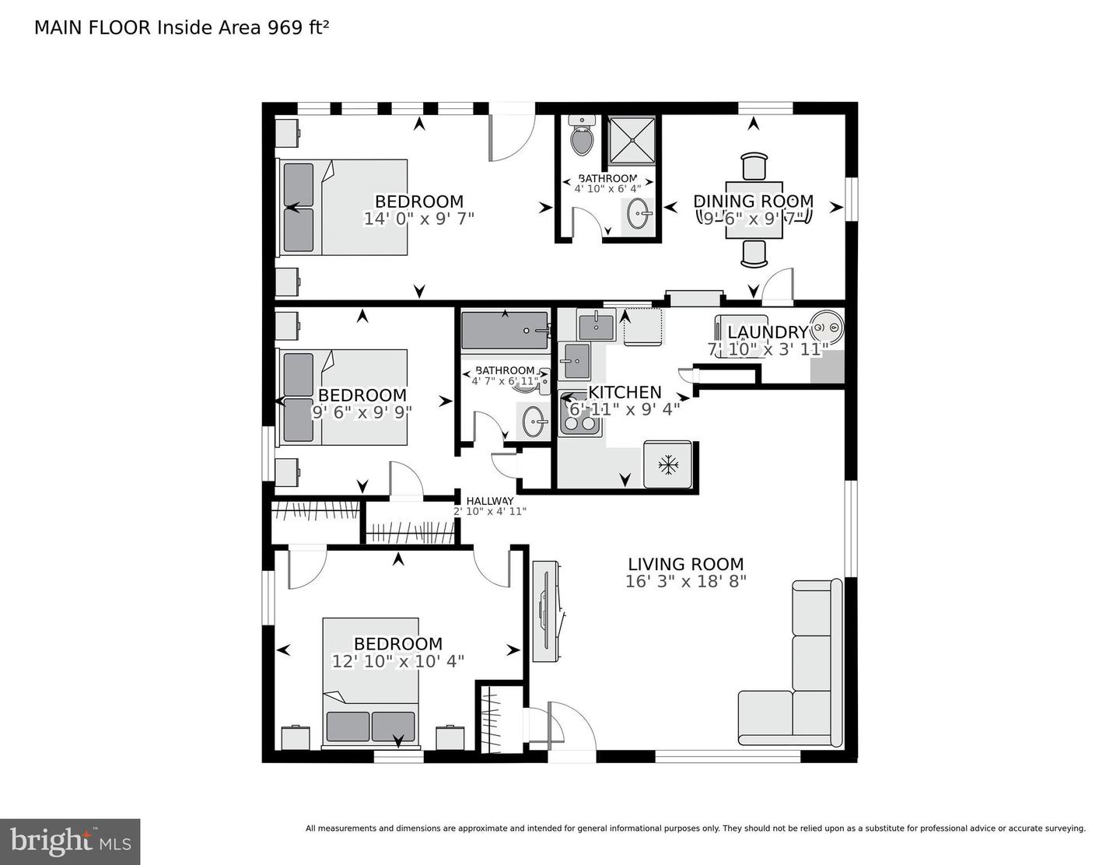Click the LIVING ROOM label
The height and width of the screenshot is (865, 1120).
point(685,565)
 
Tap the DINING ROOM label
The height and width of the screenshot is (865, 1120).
point(753,201)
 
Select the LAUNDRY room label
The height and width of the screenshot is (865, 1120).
point(767,332)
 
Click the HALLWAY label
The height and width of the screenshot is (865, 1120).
point(489,500)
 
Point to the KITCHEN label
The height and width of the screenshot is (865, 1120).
point(625,392)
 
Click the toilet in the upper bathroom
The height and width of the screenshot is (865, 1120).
point(581,136)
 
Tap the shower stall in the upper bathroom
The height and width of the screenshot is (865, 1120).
point(631,140)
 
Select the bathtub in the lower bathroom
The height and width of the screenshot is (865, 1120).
point(505,331)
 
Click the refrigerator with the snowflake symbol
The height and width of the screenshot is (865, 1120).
point(667,464)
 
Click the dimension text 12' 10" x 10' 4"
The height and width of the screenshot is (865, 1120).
point(398,661)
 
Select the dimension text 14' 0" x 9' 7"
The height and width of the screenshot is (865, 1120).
point(418,219)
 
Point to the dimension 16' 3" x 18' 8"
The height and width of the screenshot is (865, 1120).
point(685,582)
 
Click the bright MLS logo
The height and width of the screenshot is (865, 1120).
point(70,842)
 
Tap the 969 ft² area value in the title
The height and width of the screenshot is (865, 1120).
point(299,28)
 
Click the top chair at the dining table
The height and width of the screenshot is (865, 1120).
point(754,166)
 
